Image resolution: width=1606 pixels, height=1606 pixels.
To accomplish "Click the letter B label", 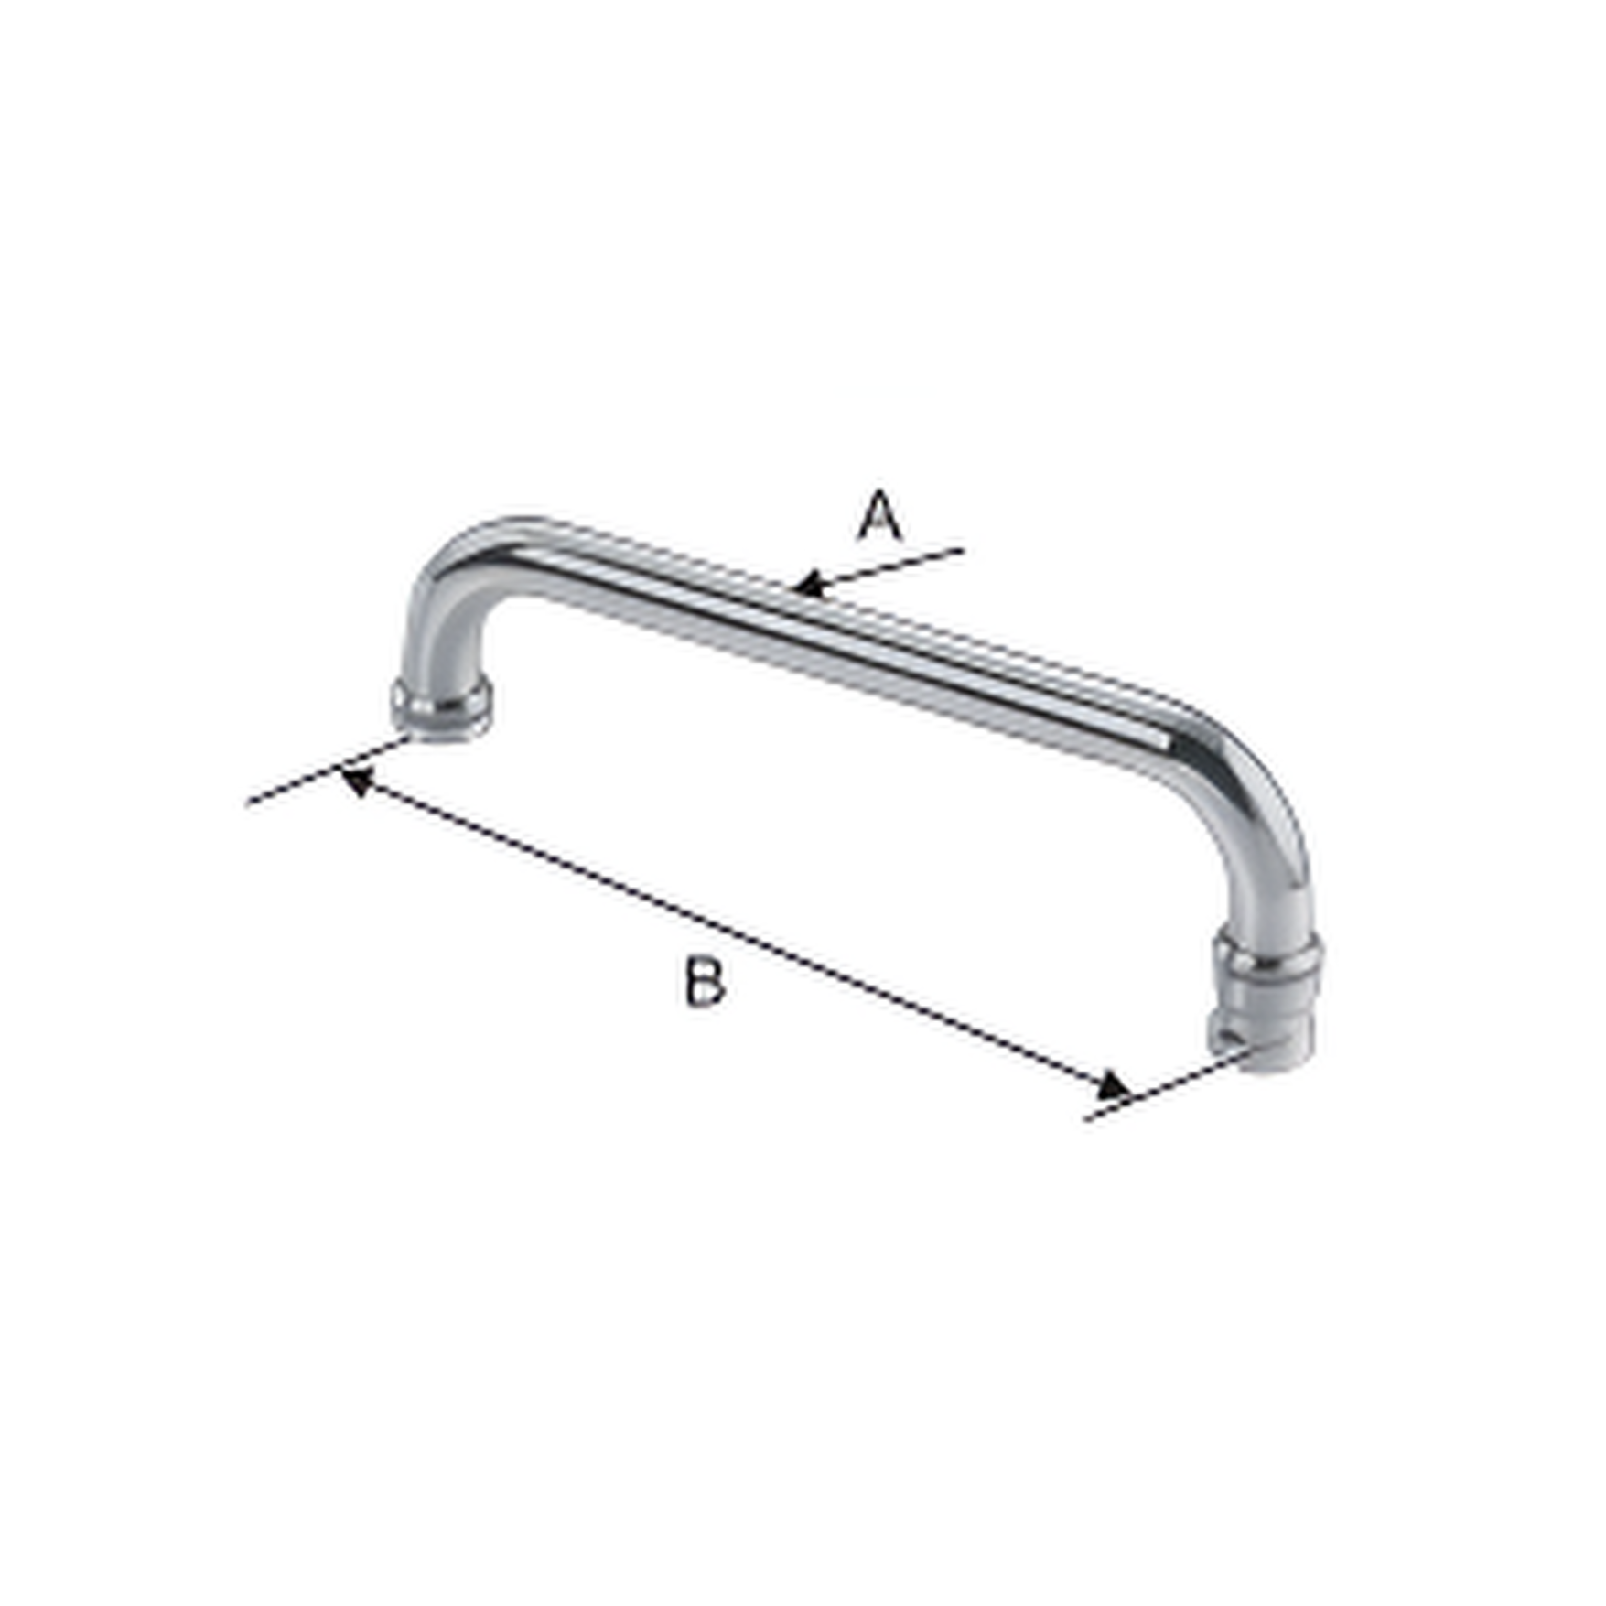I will click(x=705, y=982).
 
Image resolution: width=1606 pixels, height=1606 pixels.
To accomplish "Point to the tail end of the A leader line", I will click(x=963, y=551).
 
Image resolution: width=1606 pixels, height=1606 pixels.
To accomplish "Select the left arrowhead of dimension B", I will click(x=354, y=782).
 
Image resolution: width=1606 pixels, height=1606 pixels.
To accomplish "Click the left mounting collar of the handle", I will click(x=441, y=709).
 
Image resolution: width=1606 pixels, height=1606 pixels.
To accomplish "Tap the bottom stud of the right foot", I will click(x=1277, y=1048).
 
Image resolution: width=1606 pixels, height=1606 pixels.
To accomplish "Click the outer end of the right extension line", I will click(x=1087, y=1118).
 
